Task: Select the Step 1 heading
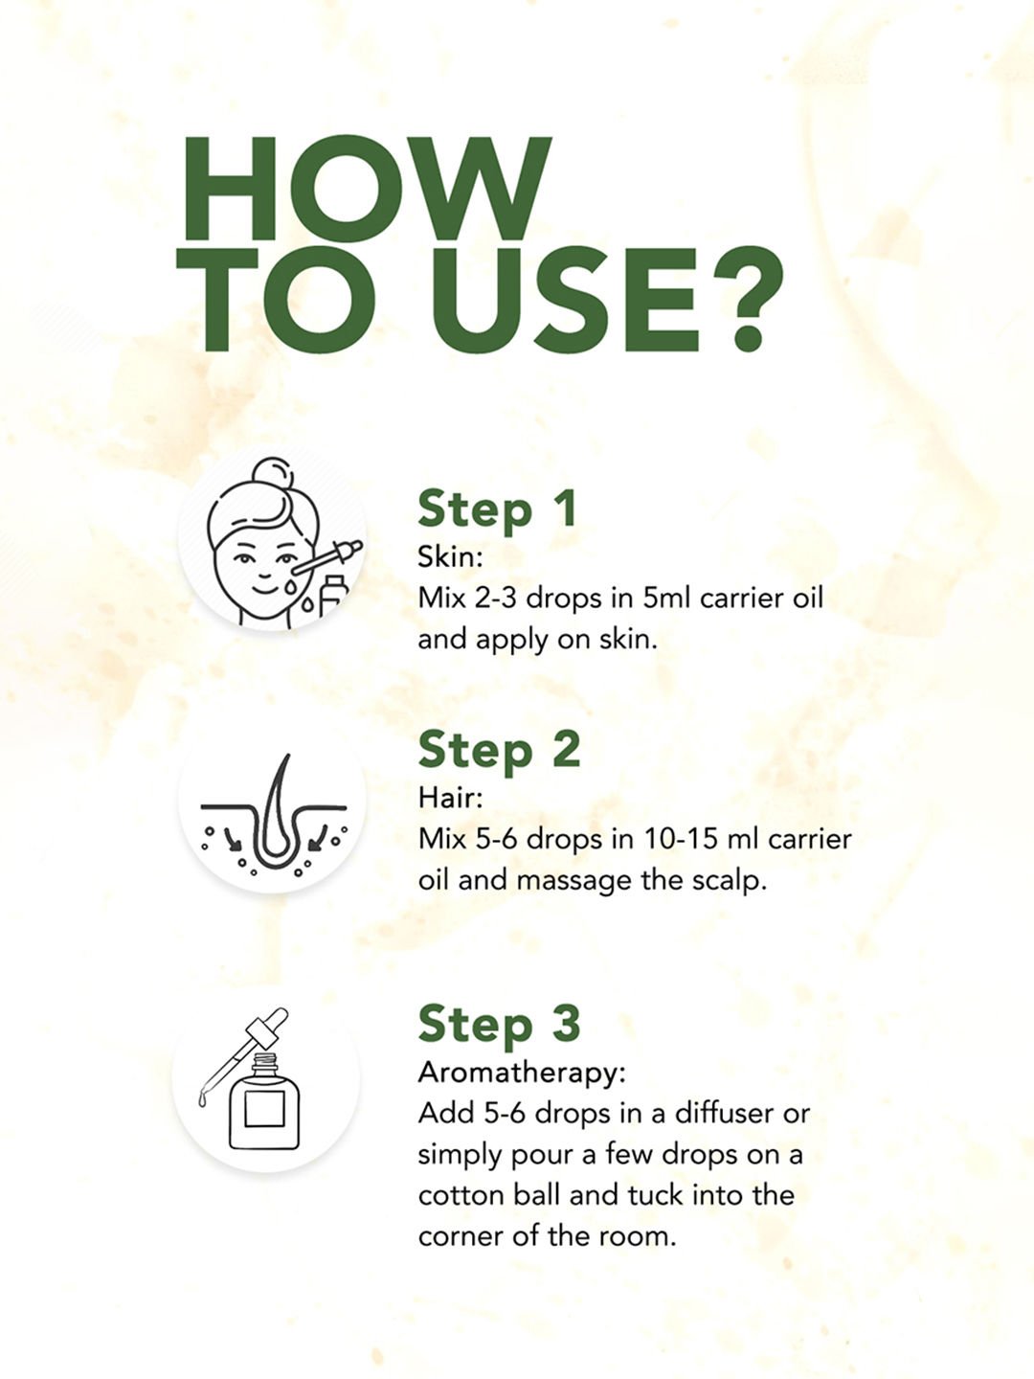point(497,509)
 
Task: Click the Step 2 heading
point(499,751)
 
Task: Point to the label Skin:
point(450,556)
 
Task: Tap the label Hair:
point(450,798)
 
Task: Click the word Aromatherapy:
point(522,1074)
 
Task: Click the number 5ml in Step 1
point(666,598)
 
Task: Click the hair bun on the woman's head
point(272,474)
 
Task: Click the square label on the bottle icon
point(264,1110)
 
